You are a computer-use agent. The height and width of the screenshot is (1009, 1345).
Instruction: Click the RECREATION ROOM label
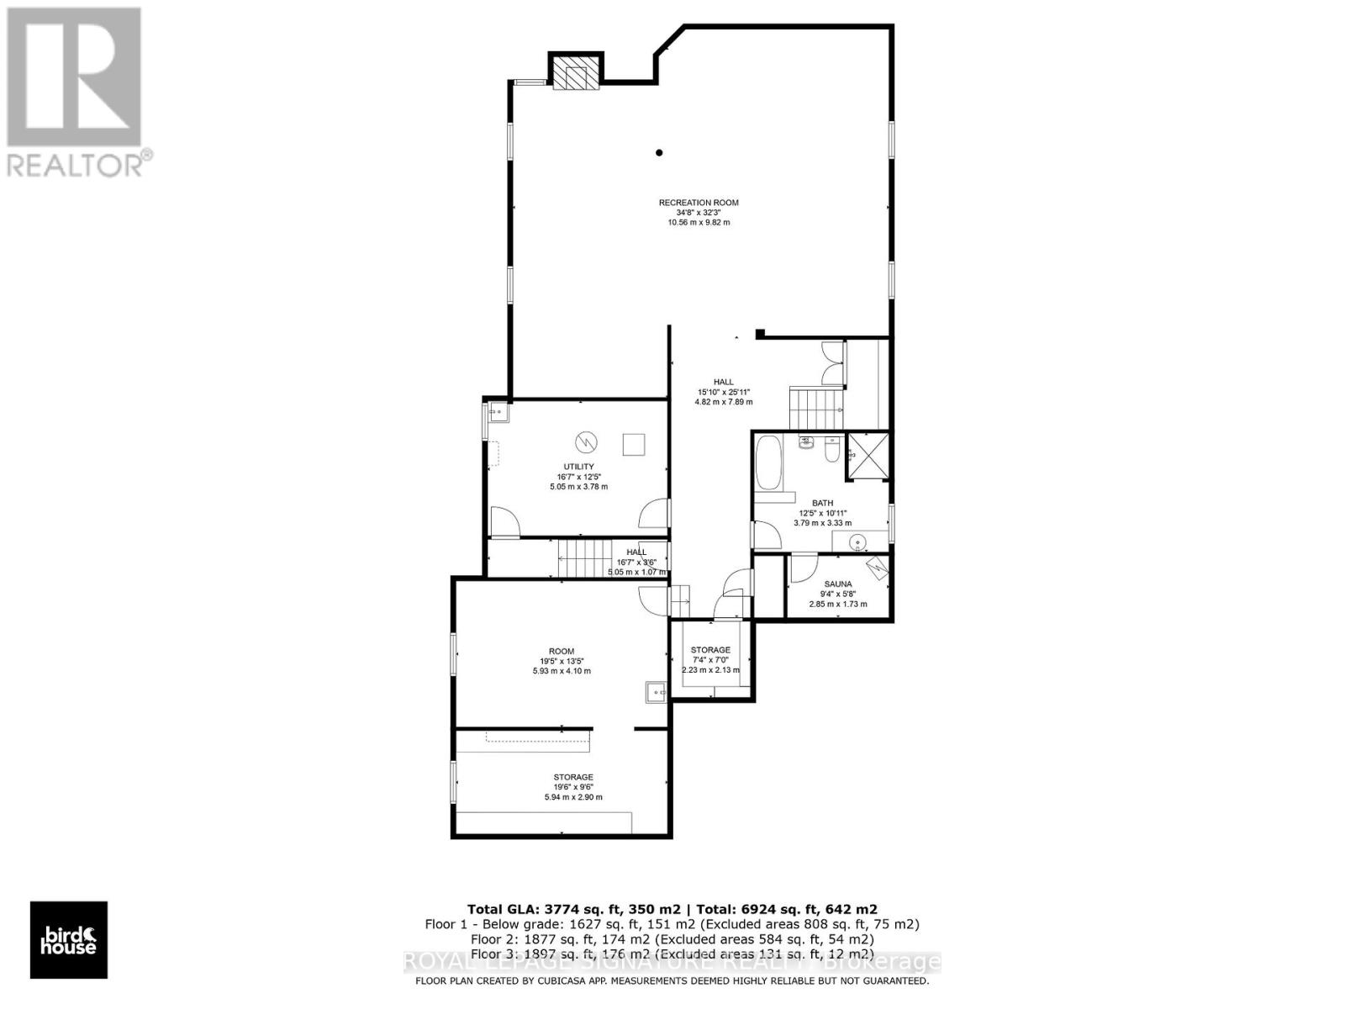coord(698,203)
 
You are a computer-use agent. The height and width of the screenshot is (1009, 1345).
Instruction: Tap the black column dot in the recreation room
coord(660,152)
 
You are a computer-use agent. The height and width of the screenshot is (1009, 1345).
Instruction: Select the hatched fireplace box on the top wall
coord(577,72)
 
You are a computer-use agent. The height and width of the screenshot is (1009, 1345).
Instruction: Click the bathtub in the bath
coord(767,463)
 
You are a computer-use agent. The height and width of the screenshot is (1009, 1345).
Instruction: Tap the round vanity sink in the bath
coord(857,542)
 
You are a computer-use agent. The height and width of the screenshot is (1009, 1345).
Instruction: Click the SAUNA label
coord(837,584)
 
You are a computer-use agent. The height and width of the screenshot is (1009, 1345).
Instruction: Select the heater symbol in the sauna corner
coord(878,568)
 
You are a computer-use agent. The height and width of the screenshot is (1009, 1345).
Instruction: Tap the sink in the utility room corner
coord(496,412)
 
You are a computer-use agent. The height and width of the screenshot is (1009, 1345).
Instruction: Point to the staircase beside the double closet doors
coord(814,408)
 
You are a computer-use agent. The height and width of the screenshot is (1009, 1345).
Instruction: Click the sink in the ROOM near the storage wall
coord(656,692)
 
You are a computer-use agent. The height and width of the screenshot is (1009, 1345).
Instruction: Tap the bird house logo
coord(69,940)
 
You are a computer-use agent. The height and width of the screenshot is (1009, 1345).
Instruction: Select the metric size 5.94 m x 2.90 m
coord(573,797)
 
